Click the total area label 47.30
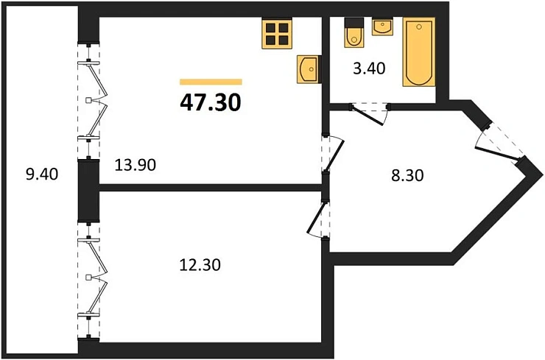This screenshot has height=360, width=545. (211, 102)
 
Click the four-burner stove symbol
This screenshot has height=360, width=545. (278, 33)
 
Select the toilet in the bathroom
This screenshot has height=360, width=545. (353, 34)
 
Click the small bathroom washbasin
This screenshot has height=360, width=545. (383, 27)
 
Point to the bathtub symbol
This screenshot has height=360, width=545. (420, 53)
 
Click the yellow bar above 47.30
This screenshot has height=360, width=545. (211, 82)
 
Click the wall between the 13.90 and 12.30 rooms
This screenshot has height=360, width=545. (210, 188)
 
